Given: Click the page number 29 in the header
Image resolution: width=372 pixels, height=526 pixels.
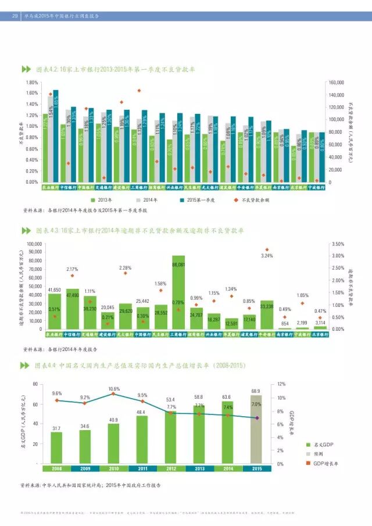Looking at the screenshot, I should tap(15, 16).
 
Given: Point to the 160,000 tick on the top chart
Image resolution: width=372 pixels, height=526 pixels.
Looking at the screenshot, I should tap(338, 83).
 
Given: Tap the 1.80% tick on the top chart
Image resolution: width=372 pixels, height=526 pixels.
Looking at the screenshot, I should tap(33, 83).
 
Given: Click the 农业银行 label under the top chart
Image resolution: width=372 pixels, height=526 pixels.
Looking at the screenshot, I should tap(52, 188).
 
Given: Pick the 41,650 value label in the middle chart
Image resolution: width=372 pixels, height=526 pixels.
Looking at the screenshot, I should tap(55, 289).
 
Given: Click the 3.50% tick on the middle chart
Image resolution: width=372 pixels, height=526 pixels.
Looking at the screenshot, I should tap(337, 244).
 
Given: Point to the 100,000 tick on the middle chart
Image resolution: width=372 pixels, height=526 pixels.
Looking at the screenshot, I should tap(34, 244).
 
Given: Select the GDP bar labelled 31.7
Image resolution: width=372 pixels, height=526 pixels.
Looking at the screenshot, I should tap(56, 448).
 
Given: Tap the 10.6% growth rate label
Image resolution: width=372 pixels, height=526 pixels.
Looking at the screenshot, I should tap(114, 388).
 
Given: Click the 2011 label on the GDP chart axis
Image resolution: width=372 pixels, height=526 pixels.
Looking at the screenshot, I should tap(142, 468).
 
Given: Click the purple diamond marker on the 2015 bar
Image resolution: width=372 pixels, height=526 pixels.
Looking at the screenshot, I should tap(256, 417).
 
